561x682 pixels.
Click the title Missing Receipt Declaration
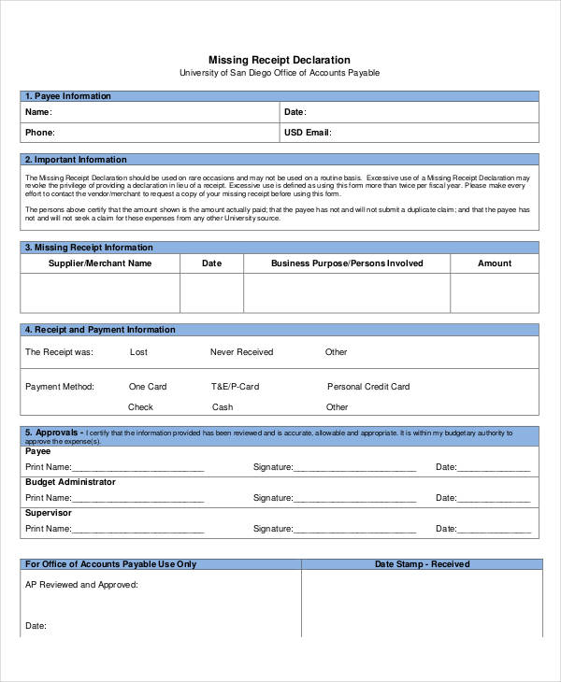[x=280, y=60]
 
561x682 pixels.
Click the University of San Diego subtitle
[x=280, y=73]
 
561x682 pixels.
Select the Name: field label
[x=38, y=112]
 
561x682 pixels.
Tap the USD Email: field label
[x=308, y=133]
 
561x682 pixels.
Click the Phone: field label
[x=39, y=133]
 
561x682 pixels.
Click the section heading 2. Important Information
[x=76, y=160]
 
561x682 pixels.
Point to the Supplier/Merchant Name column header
[x=100, y=263]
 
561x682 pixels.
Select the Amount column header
[x=495, y=263]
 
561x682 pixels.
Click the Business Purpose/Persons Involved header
[x=347, y=263]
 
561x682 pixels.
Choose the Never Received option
[x=241, y=352]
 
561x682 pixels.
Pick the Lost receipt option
[x=138, y=352]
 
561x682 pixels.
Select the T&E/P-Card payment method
[x=235, y=386]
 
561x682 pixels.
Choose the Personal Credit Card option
[x=368, y=386]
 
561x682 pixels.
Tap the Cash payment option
[x=223, y=407]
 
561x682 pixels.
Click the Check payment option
[x=140, y=407]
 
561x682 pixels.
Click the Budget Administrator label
[x=70, y=482]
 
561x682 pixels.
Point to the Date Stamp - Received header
[x=422, y=564]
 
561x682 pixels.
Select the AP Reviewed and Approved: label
[x=81, y=585]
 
